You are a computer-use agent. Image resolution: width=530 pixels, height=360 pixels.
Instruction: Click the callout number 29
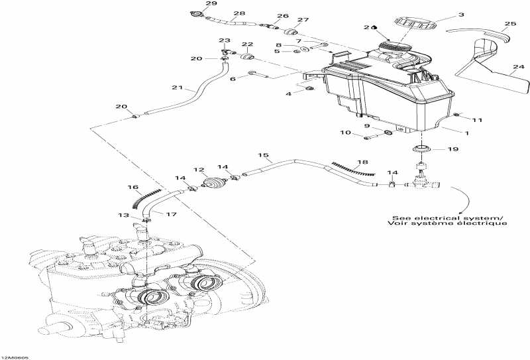click(x=193, y=4)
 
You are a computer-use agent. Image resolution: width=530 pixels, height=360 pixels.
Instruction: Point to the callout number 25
click(x=509, y=25)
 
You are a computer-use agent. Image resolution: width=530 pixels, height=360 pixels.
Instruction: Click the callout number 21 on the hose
click(x=176, y=88)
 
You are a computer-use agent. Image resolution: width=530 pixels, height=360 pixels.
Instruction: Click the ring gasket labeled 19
click(x=419, y=147)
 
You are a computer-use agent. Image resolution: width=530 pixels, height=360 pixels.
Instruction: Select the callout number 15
click(x=264, y=156)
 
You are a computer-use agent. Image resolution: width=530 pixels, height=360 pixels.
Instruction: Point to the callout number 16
click(x=133, y=188)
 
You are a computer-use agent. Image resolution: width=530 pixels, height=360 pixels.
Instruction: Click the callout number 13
click(x=123, y=215)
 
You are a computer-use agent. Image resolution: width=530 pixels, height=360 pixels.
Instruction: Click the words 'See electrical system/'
click(x=447, y=217)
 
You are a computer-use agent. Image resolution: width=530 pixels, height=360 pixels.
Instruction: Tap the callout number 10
click(x=345, y=133)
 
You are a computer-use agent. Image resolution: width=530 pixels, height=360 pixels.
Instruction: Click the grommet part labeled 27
click(x=290, y=32)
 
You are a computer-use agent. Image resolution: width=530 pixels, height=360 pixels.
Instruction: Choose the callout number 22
click(x=247, y=44)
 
